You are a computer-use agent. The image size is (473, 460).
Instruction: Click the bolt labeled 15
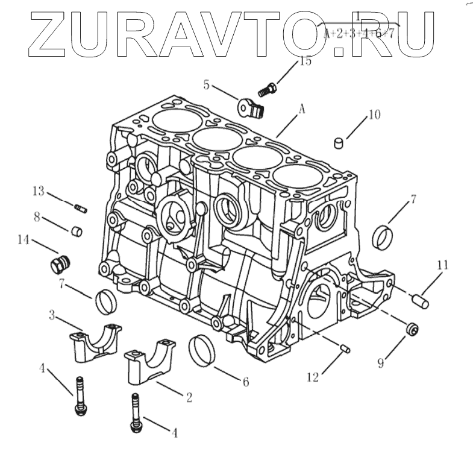pyautogui.click(x=266, y=90)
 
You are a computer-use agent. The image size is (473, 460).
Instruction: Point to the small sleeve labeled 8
pyautogui.click(x=77, y=231)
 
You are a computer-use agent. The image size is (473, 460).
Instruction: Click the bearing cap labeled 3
pyautogui.click(x=97, y=344)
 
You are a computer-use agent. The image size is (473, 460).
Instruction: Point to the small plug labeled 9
pyautogui.click(x=412, y=329)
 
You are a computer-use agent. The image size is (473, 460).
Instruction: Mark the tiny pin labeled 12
pyautogui.click(x=346, y=348)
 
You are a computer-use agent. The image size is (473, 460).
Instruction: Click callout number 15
pyautogui.click(x=305, y=61)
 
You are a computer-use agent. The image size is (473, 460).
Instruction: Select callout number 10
pyautogui.click(x=374, y=115)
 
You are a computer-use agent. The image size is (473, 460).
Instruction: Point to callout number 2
pyautogui.click(x=189, y=397)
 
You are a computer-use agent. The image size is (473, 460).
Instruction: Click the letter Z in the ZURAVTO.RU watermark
pyautogui.click(x=50, y=29)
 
